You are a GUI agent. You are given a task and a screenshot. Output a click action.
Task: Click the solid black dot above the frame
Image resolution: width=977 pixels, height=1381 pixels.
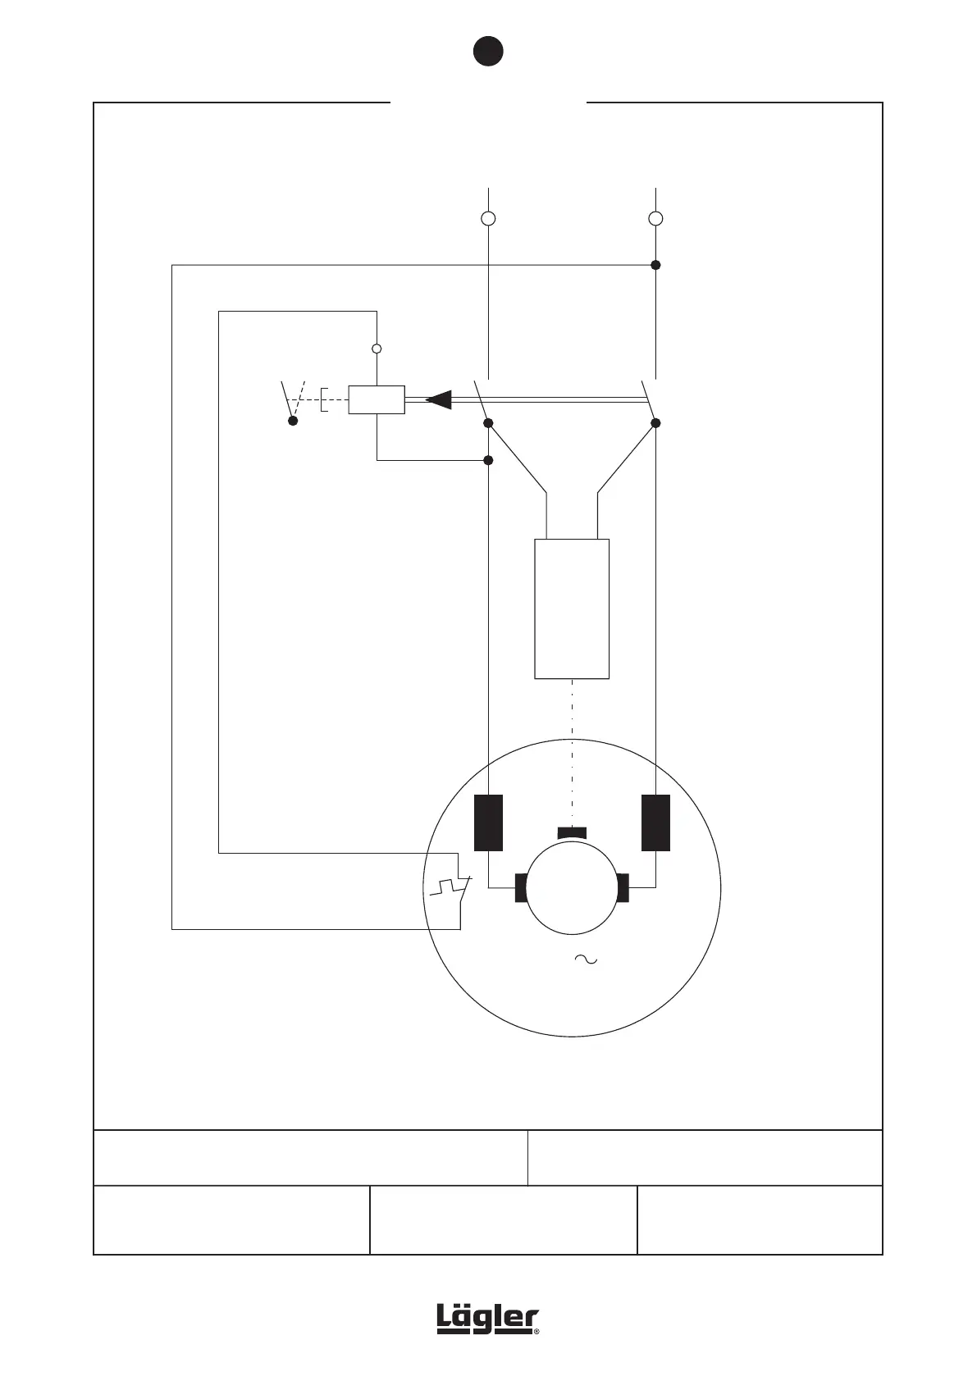point(487,51)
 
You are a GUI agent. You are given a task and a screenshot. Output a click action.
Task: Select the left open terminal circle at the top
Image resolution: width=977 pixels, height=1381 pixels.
point(488,219)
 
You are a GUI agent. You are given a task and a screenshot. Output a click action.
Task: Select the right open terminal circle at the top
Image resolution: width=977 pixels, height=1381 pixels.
point(655,219)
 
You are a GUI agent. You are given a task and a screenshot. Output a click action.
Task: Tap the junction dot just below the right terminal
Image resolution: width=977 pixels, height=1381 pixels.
point(655,265)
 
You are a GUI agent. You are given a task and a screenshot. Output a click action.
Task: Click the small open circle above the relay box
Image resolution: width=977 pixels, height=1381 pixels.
point(377,349)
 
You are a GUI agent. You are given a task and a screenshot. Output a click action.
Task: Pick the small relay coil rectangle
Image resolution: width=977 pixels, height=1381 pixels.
point(377,399)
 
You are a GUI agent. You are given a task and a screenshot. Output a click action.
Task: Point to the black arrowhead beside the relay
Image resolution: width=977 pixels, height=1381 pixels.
point(439,399)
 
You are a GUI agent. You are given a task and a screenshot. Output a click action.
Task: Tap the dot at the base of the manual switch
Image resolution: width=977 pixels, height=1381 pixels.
point(293,421)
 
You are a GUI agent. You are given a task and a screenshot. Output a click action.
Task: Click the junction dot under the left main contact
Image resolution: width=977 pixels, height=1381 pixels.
point(488,423)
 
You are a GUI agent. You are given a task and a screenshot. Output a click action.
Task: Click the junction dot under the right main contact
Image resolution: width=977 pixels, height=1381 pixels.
point(655,423)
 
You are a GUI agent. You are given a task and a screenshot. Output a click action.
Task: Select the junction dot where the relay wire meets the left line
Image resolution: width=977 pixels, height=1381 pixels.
point(488,460)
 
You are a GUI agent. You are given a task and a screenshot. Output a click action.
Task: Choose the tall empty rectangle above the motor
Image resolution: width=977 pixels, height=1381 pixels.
point(572,608)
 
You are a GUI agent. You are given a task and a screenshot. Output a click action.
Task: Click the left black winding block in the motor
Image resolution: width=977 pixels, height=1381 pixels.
point(488,823)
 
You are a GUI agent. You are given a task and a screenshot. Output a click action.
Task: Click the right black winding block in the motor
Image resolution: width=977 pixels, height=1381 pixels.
point(655,823)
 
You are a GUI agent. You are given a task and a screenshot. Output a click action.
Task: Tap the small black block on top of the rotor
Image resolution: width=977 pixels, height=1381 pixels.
point(572,833)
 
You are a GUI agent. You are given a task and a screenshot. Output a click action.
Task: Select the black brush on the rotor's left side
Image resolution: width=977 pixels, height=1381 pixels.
point(520,887)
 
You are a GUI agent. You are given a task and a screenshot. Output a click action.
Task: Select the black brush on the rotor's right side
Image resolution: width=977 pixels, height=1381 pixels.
point(623,887)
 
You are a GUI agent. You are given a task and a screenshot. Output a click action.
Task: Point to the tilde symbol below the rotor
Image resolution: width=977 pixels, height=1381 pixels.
point(585,959)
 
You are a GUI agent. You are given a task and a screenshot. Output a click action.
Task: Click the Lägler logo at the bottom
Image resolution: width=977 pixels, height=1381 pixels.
point(488,1320)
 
